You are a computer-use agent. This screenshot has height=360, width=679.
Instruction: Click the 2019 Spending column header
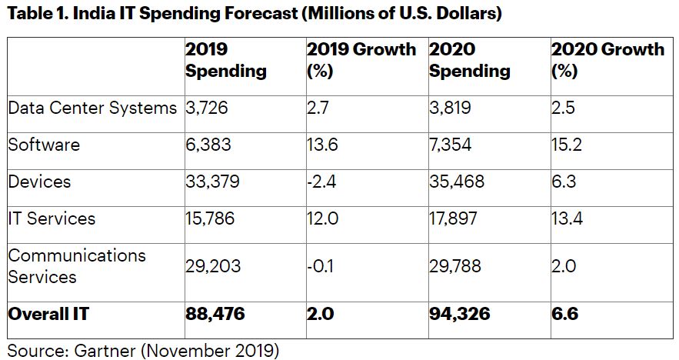tap(225, 61)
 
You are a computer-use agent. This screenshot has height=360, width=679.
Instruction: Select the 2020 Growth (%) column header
tap(607, 61)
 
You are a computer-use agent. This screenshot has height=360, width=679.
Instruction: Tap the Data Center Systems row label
tap(92, 108)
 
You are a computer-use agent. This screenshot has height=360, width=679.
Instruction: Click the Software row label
tap(44, 145)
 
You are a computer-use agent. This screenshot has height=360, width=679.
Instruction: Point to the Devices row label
tap(39, 182)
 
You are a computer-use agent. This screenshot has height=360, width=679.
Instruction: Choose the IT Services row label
tap(52, 218)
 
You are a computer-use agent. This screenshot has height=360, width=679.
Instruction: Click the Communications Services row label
tap(77, 265)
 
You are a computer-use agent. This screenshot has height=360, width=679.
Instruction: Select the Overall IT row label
tap(48, 314)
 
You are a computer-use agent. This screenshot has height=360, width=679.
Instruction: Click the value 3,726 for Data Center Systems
tap(207, 108)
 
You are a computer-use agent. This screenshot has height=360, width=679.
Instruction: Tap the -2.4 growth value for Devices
tap(322, 182)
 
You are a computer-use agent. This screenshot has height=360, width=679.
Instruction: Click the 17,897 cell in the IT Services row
tap(453, 218)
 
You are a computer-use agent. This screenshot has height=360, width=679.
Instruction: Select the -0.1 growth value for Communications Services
tap(321, 266)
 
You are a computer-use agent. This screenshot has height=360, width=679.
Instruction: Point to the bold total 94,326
tap(459, 314)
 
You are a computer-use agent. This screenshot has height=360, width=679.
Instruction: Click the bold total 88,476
tap(216, 314)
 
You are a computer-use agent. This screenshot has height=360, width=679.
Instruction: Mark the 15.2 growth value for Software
tap(567, 145)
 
